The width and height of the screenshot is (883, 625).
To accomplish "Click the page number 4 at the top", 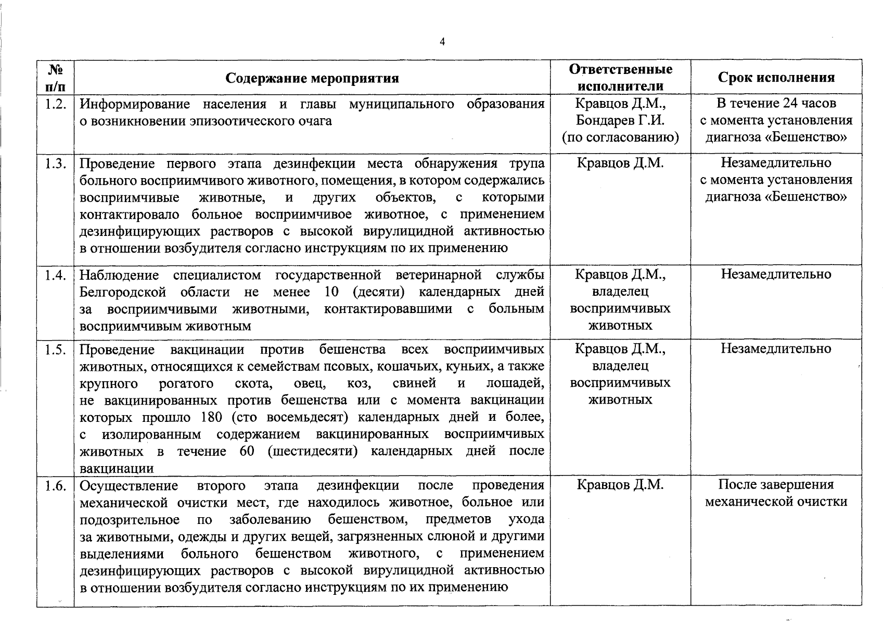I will click(442, 42).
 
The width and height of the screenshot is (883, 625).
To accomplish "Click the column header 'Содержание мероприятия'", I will click(312, 78).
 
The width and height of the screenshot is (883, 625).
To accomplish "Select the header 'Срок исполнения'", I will click(776, 78).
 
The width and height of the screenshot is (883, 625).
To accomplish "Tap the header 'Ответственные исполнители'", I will click(620, 77).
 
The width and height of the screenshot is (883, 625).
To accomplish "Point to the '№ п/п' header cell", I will click(55, 77).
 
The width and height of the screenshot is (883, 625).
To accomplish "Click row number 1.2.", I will click(55, 104).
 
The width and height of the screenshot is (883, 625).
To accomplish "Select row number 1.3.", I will click(55, 164).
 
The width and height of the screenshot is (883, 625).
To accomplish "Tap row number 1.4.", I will click(55, 275).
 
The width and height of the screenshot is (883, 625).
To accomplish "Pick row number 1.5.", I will click(55, 349).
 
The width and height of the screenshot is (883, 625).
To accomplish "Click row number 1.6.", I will click(55, 486).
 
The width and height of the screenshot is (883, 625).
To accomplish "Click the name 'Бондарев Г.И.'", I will click(620, 120).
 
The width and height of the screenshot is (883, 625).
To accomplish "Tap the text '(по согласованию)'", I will click(620, 137).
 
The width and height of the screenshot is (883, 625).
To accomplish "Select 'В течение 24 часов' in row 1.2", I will click(776, 103).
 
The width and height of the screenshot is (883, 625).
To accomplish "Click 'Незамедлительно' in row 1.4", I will click(776, 274).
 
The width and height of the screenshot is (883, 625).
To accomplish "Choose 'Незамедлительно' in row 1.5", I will click(776, 348).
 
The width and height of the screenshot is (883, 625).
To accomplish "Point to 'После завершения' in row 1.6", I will click(776, 485).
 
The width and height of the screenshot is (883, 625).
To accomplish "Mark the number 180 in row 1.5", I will click(211, 418).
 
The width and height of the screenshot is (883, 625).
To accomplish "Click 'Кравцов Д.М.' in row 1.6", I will click(620, 485).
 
